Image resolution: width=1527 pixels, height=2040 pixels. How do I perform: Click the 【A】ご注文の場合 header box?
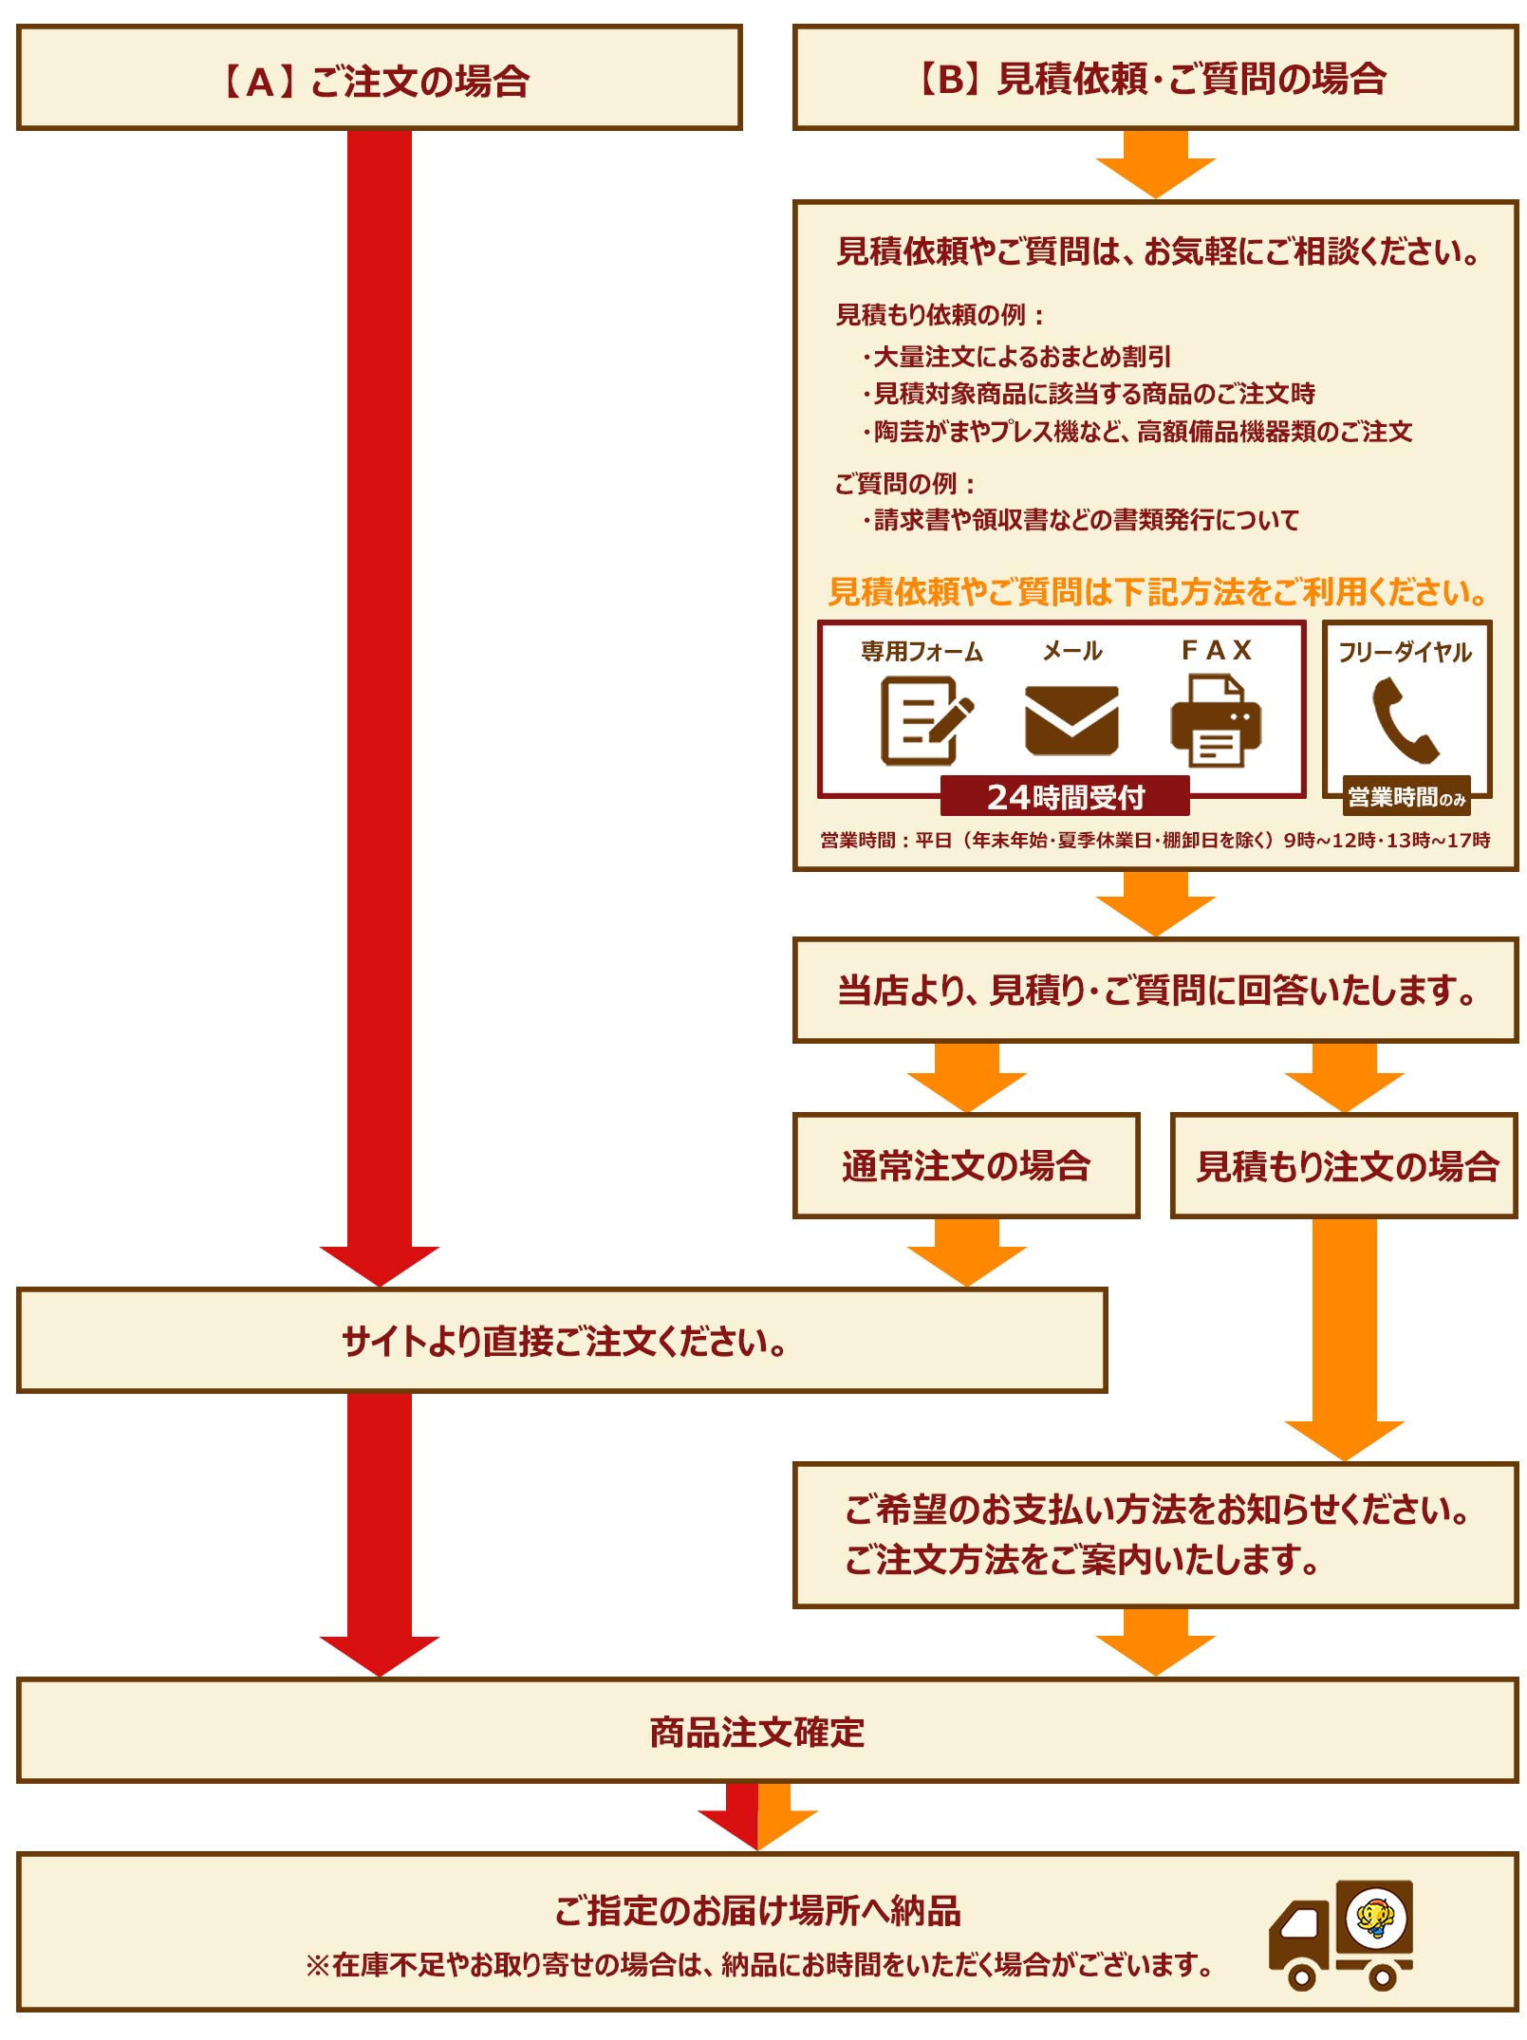pos(378,79)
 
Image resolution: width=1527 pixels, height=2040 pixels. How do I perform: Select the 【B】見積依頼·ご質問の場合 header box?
pos(1154,79)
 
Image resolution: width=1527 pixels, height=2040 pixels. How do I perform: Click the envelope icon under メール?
pos(1071,720)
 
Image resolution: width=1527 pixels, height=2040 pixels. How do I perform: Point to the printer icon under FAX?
pos(1215,720)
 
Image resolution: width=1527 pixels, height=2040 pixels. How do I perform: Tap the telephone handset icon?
pos(1405,720)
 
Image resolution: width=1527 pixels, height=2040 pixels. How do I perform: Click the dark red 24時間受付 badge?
pos(1064,796)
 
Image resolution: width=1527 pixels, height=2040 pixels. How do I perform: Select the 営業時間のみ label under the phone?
pos(1406,797)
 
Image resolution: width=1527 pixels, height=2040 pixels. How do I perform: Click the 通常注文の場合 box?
pos(965,1165)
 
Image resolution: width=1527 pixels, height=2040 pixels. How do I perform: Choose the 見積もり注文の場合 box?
pos(1344,1165)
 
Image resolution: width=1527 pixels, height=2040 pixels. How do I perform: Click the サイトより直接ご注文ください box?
pos(562,1341)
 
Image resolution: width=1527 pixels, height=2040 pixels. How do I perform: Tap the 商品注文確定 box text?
pos(756,1732)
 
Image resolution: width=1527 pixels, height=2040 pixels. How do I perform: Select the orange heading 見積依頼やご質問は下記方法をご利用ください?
pos(1156,592)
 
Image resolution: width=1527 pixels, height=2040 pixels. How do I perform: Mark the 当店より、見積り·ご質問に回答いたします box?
pos(1154,991)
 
